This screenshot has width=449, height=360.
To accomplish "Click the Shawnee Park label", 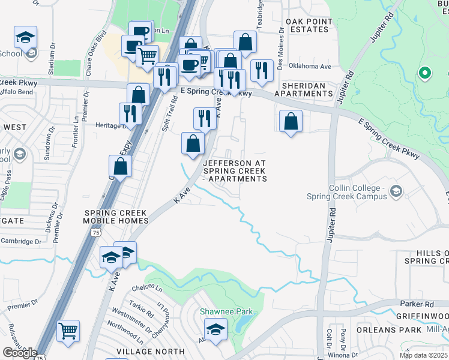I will tap(226, 311).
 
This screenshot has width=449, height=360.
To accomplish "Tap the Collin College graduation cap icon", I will tap(396, 192).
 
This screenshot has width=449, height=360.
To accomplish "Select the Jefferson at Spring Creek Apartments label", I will tap(235, 170).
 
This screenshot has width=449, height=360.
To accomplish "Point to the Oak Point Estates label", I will tap(309, 26).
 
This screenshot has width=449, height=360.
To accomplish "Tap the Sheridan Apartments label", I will tap(303, 89).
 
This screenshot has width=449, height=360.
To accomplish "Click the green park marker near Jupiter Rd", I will tap(425, 74).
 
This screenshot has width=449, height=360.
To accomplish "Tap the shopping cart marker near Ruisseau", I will tap(68, 331).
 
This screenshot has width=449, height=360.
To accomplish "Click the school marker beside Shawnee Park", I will tap(215, 329).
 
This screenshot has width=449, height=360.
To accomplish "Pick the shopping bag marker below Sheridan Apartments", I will tap(291, 121).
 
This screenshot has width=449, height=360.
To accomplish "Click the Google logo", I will tap(19, 353).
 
